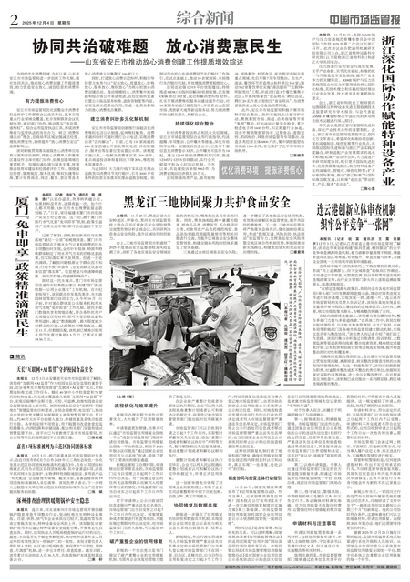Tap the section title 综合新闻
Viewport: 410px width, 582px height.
point(182,15)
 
